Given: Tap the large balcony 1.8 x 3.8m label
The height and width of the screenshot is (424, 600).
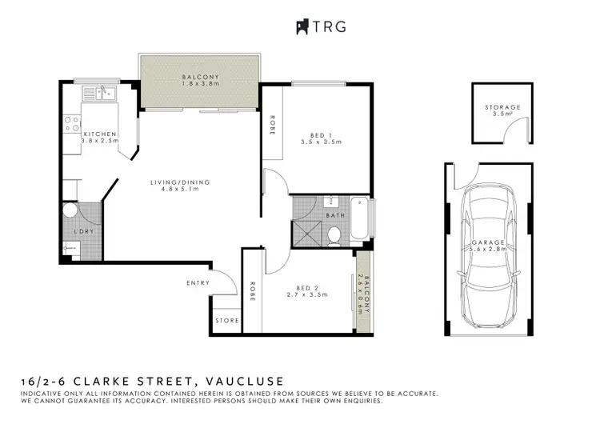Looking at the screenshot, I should (x=200, y=80).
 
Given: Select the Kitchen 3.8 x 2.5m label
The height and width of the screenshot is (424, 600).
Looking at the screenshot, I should (x=100, y=137).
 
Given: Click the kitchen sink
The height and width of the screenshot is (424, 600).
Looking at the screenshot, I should (x=102, y=94).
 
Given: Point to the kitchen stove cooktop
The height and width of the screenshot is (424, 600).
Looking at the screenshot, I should (x=71, y=125).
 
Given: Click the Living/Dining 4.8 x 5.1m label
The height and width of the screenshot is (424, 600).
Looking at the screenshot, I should (x=180, y=186).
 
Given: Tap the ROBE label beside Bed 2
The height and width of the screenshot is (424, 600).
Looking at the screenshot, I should (x=252, y=287).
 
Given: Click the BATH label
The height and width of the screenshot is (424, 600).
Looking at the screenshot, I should (x=337, y=216).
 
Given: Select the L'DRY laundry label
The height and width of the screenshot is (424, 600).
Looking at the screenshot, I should (x=83, y=231).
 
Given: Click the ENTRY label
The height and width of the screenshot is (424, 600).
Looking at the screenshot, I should (x=198, y=282).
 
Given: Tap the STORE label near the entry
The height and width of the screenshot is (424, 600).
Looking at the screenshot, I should (x=226, y=321).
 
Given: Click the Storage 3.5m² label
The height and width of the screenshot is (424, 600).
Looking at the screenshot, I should (x=502, y=110).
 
